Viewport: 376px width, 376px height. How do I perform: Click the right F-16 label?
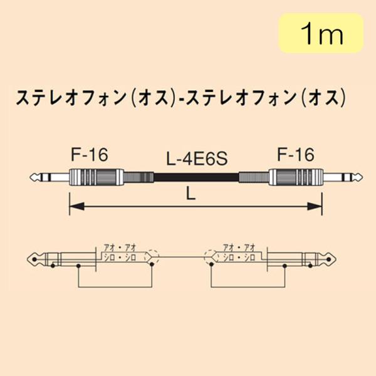tap(295, 154)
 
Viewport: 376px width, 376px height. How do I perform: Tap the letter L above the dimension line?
tap(191, 194)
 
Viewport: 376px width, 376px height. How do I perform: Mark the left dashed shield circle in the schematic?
tap(154, 256)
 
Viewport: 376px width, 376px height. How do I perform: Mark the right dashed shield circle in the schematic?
tap(209, 256)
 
